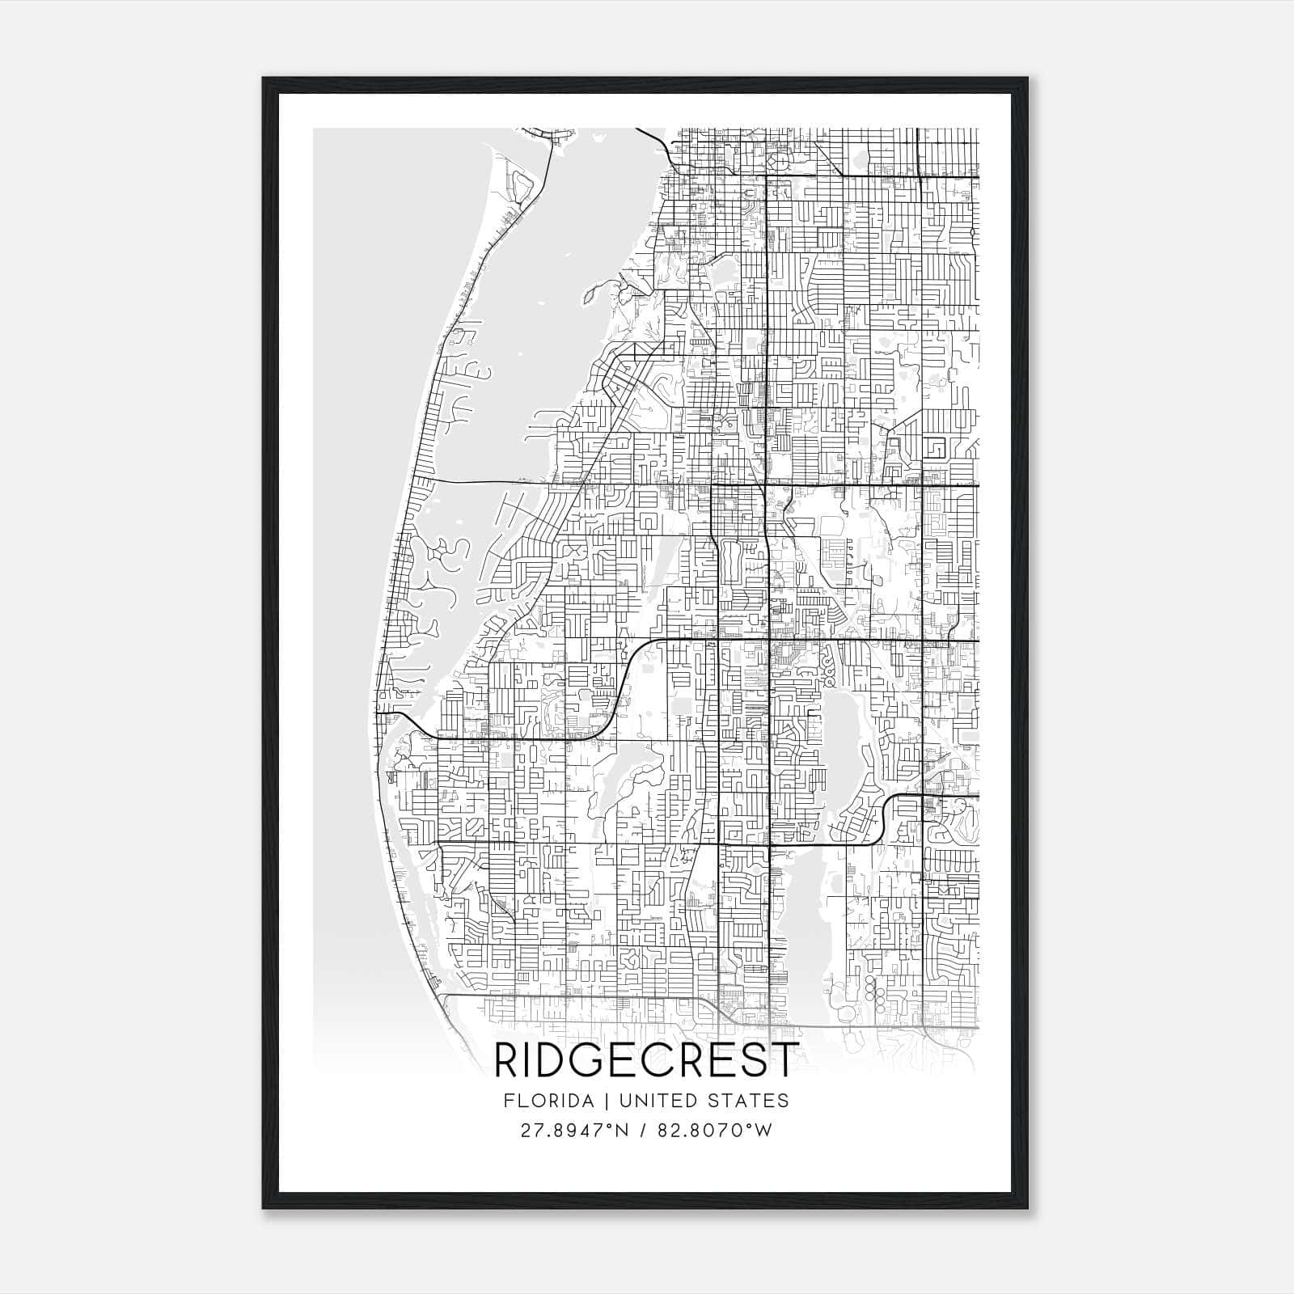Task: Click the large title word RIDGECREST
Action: (646, 1060)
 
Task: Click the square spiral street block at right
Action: (939, 447)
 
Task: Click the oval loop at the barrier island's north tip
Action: (522, 187)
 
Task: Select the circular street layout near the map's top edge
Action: (780, 163)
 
